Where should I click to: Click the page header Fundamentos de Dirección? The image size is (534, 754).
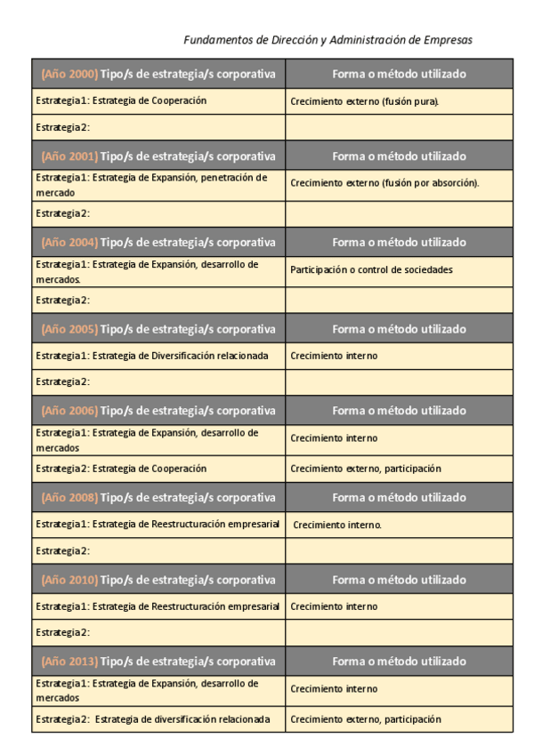[328, 40]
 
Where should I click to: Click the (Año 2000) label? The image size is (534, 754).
[69, 74]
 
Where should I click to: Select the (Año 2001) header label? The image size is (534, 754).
[69, 156]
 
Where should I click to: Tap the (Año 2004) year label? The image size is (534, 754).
[69, 242]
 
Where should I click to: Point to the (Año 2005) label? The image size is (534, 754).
[69, 329]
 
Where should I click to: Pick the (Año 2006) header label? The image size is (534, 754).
[69, 411]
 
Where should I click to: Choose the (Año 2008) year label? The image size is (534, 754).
[69, 497]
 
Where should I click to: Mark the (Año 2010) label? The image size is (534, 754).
[69, 580]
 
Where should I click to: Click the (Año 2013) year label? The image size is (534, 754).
[69, 662]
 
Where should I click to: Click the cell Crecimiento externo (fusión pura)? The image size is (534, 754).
[365, 101]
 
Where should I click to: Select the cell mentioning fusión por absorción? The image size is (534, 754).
[384, 183]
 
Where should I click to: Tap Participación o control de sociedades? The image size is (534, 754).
[371, 269]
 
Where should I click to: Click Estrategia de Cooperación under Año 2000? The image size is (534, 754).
[121, 100]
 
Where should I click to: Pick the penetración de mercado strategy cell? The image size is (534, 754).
[151, 184]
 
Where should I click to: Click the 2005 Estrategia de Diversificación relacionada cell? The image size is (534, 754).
[151, 356]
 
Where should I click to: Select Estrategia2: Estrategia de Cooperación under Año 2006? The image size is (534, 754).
[121, 469]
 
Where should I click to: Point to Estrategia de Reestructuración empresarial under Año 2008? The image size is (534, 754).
[158, 524]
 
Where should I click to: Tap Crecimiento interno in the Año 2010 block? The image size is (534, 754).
[334, 606]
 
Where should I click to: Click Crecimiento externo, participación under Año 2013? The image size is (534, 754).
[365, 719]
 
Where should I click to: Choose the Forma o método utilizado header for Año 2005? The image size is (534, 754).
[399, 329]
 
